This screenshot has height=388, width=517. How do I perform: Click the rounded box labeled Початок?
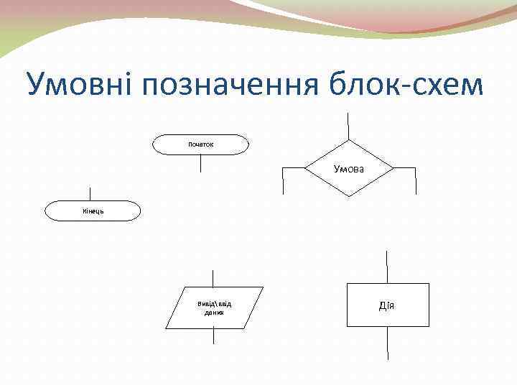point(201,144)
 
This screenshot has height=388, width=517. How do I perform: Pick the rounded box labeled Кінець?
point(90,211)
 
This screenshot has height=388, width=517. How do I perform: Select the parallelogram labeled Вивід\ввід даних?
point(214,308)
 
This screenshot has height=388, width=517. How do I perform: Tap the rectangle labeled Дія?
point(388,305)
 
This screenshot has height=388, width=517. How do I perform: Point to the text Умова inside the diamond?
point(349,168)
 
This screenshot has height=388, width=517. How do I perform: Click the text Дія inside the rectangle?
point(387,306)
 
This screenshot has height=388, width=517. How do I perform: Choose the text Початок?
point(201,144)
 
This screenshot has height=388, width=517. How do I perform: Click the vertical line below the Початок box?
point(201,163)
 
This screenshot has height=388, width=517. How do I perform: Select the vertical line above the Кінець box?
point(90,193)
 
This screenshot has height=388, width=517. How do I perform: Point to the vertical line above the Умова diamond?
point(349,126)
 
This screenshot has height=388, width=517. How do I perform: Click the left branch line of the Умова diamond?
point(284,180)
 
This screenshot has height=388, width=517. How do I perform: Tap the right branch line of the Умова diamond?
point(416,180)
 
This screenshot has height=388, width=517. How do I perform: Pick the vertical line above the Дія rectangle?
point(388,267)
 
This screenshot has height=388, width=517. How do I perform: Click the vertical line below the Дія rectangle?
point(388,343)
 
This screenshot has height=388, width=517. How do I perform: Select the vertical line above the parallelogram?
point(214,278)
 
